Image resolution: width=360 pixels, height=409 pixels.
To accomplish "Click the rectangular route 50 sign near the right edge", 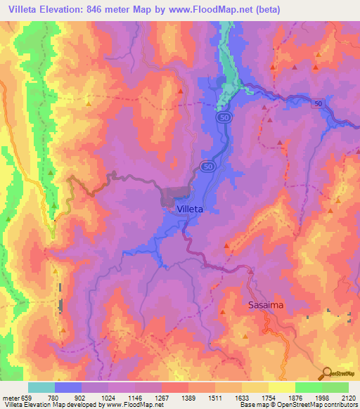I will tap(319, 103).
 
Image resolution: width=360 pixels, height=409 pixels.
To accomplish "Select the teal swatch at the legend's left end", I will tap(41, 387).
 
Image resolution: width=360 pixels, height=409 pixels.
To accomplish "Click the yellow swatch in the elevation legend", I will tap(281, 387).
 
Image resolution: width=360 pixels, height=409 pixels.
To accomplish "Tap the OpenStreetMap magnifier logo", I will tap(327, 373).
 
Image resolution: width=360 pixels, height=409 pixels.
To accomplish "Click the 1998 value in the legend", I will tap(309, 396).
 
